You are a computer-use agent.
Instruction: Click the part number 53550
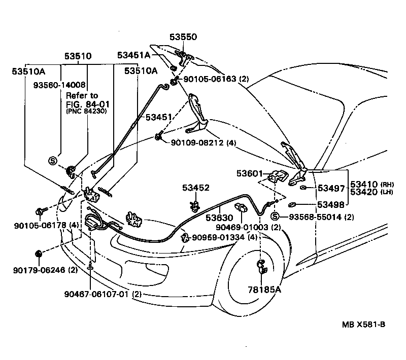pos(183,37)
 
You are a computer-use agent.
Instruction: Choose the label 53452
pos(196,188)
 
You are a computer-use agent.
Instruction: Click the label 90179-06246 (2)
pos(45,270)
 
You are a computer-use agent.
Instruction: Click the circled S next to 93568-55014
pos(275,217)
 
